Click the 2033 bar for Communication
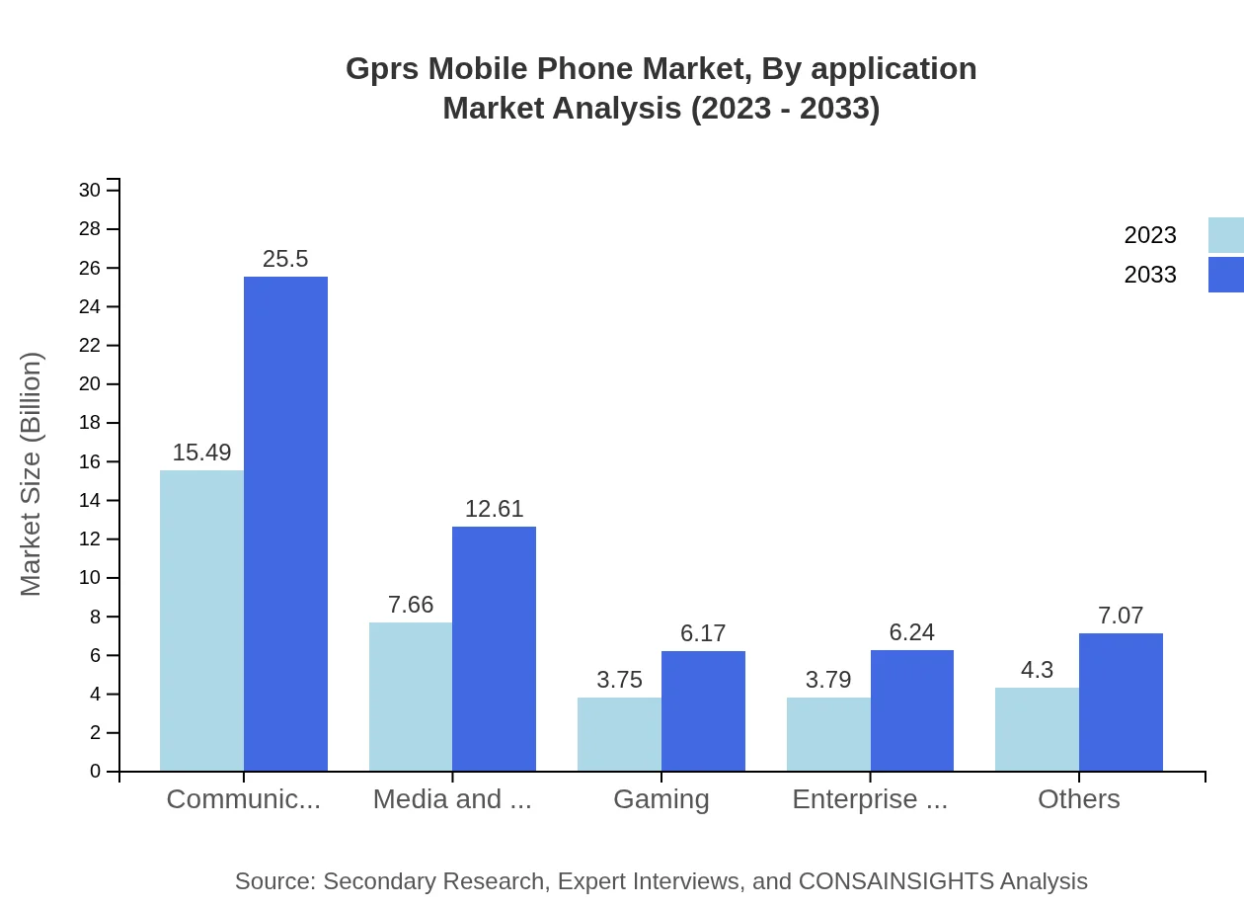point(285,524)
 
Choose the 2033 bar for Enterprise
point(912,710)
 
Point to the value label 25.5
point(285,259)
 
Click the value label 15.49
point(201,453)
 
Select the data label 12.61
point(494,509)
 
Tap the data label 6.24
point(911,632)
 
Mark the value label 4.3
point(1037,670)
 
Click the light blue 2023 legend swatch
point(1225,235)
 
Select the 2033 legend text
point(1150,275)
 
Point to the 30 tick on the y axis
point(90,190)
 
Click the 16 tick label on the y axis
point(90,461)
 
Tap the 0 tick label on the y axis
point(95,772)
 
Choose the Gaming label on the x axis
point(661,799)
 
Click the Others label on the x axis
point(1078,799)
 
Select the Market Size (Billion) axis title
point(32,474)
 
